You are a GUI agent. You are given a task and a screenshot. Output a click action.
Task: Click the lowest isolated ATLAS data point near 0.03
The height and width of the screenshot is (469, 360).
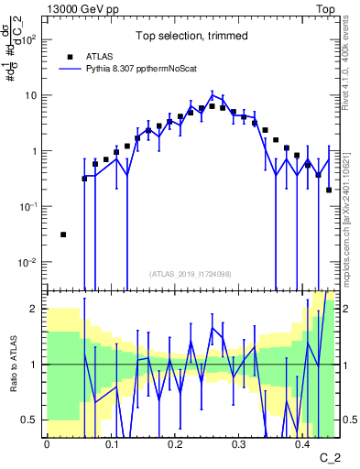click(63, 234)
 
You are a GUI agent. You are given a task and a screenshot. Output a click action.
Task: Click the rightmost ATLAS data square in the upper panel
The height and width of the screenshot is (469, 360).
click(329, 190)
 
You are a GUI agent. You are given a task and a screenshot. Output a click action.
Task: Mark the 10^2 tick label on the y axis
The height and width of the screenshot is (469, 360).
click(31, 39)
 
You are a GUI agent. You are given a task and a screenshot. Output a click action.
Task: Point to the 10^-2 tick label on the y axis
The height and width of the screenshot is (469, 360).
click(30, 262)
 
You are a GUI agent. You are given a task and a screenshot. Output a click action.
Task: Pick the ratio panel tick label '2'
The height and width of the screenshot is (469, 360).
click(37, 310)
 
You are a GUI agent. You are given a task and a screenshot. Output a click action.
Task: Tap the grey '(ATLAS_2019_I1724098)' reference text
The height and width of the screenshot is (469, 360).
click(192, 273)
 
